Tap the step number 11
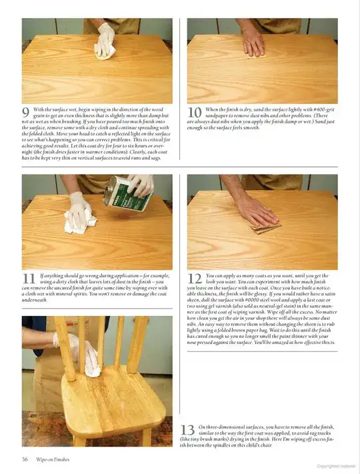29,278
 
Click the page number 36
25,459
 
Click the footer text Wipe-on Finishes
53,459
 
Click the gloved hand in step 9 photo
105,40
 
